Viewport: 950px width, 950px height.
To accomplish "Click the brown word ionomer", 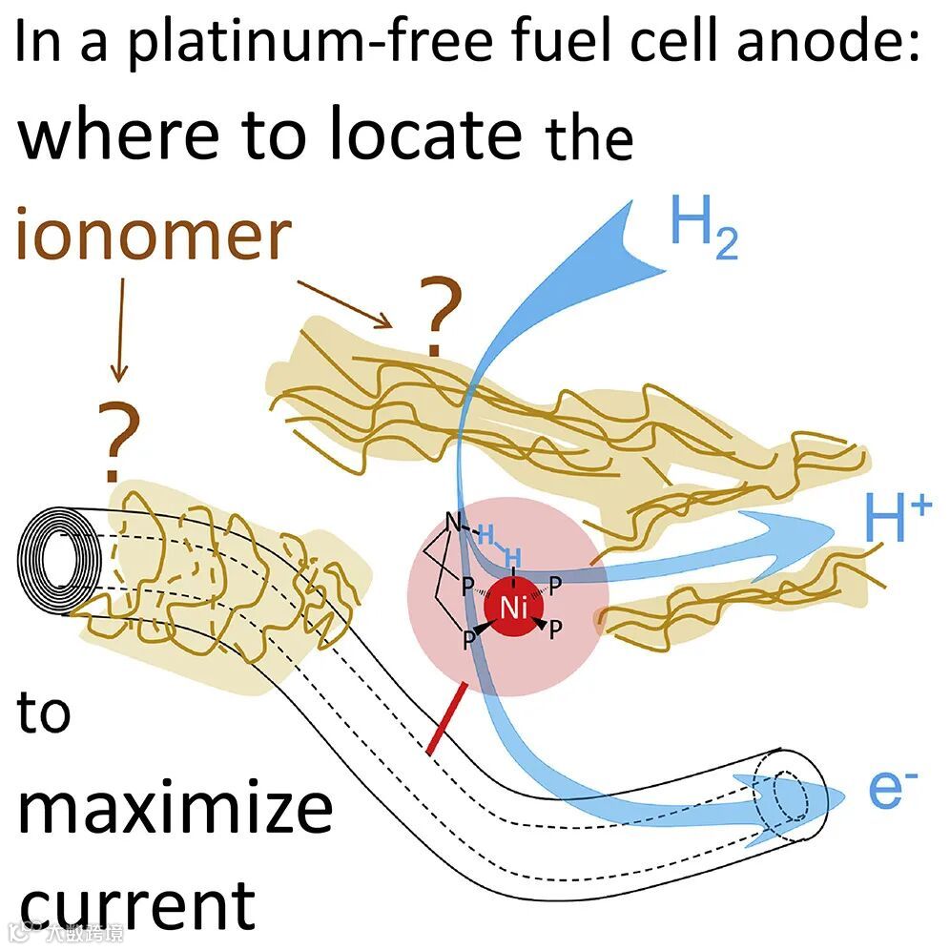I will (x=153, y=236).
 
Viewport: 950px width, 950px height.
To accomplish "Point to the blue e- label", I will (x=894, y=791).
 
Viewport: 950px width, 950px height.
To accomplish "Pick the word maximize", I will (x=176, y=808).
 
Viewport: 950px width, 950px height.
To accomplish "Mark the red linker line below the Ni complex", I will (x=448, y=719).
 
